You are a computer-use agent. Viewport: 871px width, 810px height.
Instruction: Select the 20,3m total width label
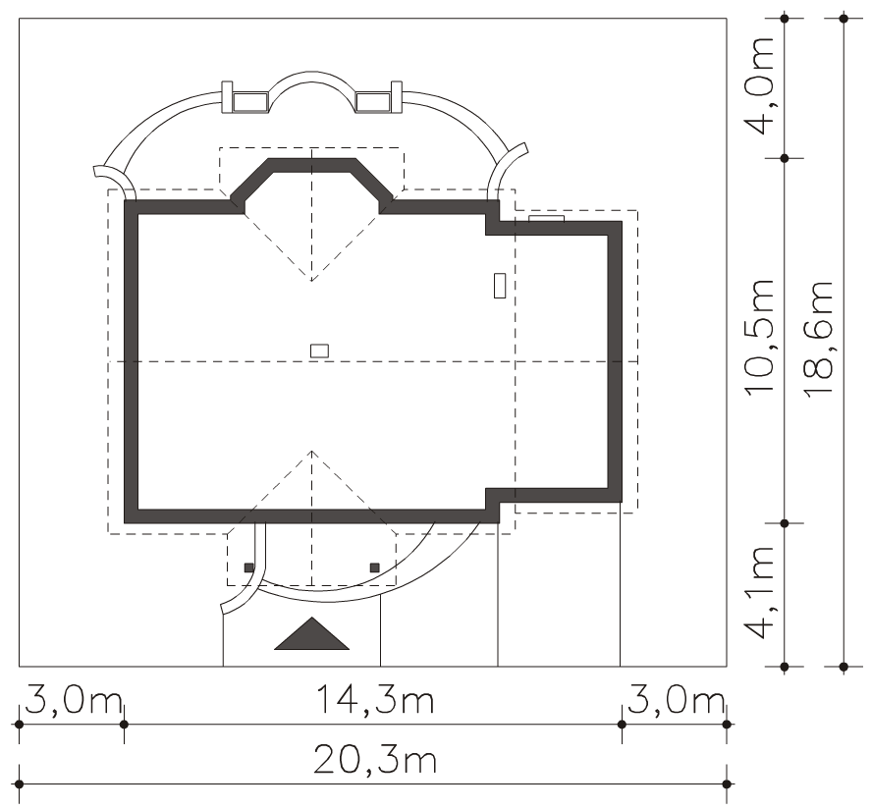pos(375,760)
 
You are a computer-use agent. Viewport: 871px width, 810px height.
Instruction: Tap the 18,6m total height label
pos(818,338)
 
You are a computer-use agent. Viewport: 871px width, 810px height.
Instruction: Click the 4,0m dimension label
pos(759,86)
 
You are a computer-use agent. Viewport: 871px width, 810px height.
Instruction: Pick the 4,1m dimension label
pos(759,592)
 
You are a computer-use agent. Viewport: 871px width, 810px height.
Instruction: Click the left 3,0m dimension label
pos(73,702)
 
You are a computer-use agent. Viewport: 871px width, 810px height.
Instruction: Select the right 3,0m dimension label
pos(676,702)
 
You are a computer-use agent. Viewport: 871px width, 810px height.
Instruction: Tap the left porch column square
pos(248,567)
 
